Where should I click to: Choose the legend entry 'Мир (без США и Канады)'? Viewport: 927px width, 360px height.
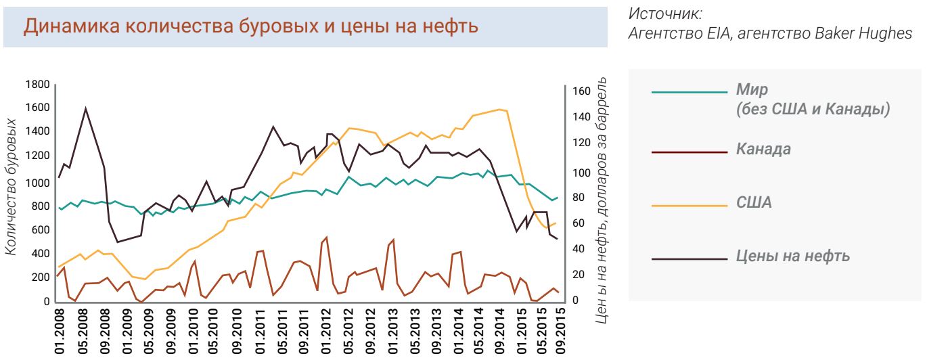[x=811, y=99]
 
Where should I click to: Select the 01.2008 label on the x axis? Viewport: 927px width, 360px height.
[x=59, y=332]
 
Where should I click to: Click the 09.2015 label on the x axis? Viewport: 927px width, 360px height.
[x=559, y=332]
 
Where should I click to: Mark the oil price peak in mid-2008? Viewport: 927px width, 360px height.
[x=86, y=108]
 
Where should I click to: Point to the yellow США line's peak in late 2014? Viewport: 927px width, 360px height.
[x=499, y=110]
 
